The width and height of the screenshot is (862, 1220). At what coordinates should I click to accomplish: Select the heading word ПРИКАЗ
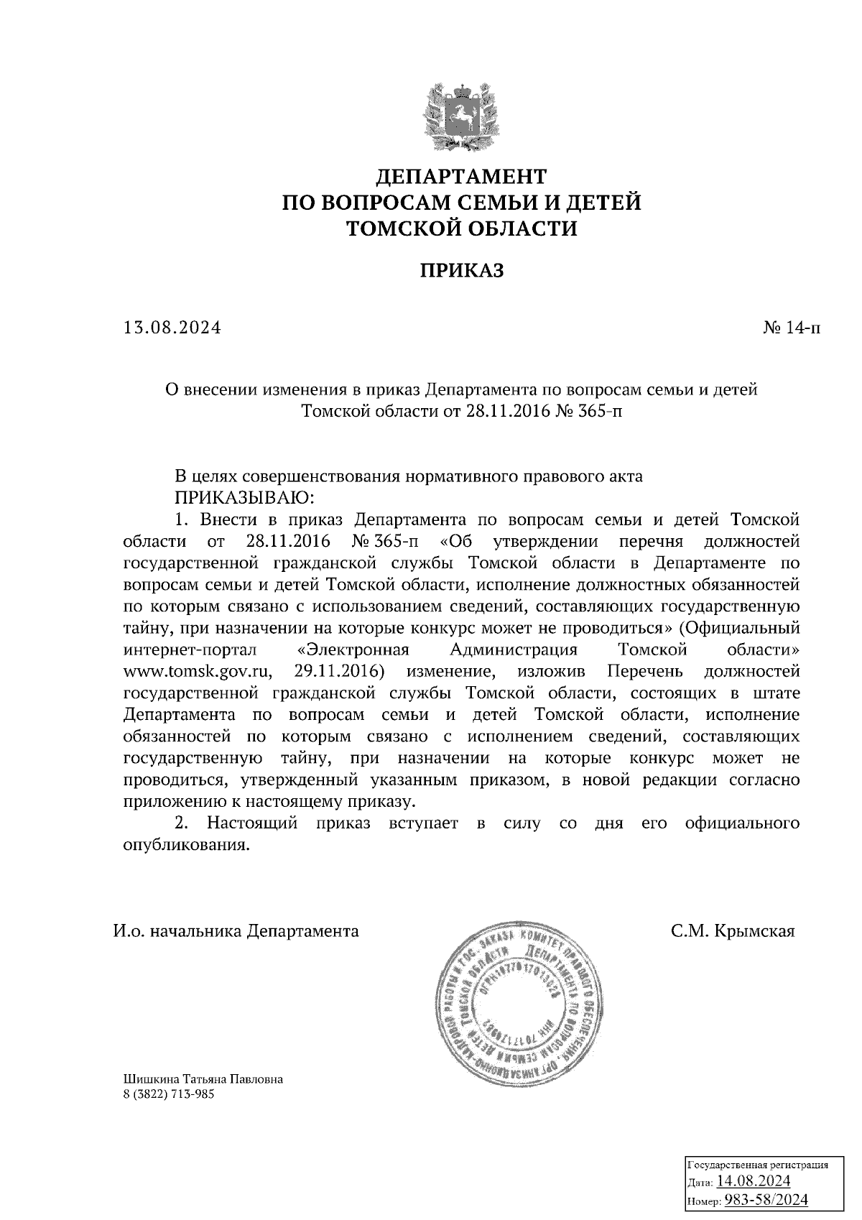tap(461, 270)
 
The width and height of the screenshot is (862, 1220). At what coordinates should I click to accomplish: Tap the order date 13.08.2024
tap(172, 328)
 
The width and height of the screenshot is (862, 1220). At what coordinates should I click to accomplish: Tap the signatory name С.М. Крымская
tap(733, 932)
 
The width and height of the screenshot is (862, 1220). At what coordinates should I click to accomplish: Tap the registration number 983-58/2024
tap(766, 1199)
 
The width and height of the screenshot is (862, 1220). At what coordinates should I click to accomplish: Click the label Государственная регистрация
tap(759, 1165)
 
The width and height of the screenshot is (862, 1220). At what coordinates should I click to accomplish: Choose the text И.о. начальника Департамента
tap(236, 932)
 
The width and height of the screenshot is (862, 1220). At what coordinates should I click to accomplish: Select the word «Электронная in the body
tap(353, 650)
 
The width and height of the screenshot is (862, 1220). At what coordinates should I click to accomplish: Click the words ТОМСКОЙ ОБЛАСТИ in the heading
tap(461, 228)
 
